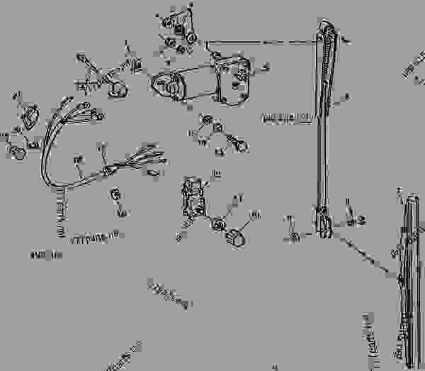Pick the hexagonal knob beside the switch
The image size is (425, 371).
pos(235,236)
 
